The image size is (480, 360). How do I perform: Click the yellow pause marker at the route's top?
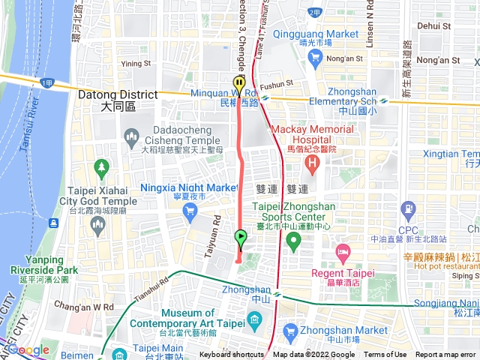click(x=238, y=83)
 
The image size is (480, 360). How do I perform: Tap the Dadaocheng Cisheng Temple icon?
click(x=132, y=136)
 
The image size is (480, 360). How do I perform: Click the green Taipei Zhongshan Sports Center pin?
click(x=293, y=241)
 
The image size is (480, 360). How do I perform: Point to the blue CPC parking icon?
click(x=408, y=208)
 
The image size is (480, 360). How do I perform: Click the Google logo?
click(x=28, y=349)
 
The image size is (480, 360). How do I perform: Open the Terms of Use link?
click(x=385, y=355)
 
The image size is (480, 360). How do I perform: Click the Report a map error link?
click(x=446, y=355)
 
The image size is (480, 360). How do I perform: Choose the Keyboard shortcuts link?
click(x=232, y=355)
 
